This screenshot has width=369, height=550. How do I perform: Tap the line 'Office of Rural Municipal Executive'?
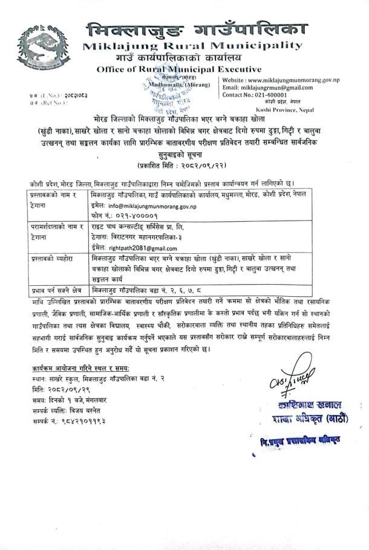(179, 70)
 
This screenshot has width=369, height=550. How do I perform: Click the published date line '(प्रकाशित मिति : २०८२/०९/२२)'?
(182, 165)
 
